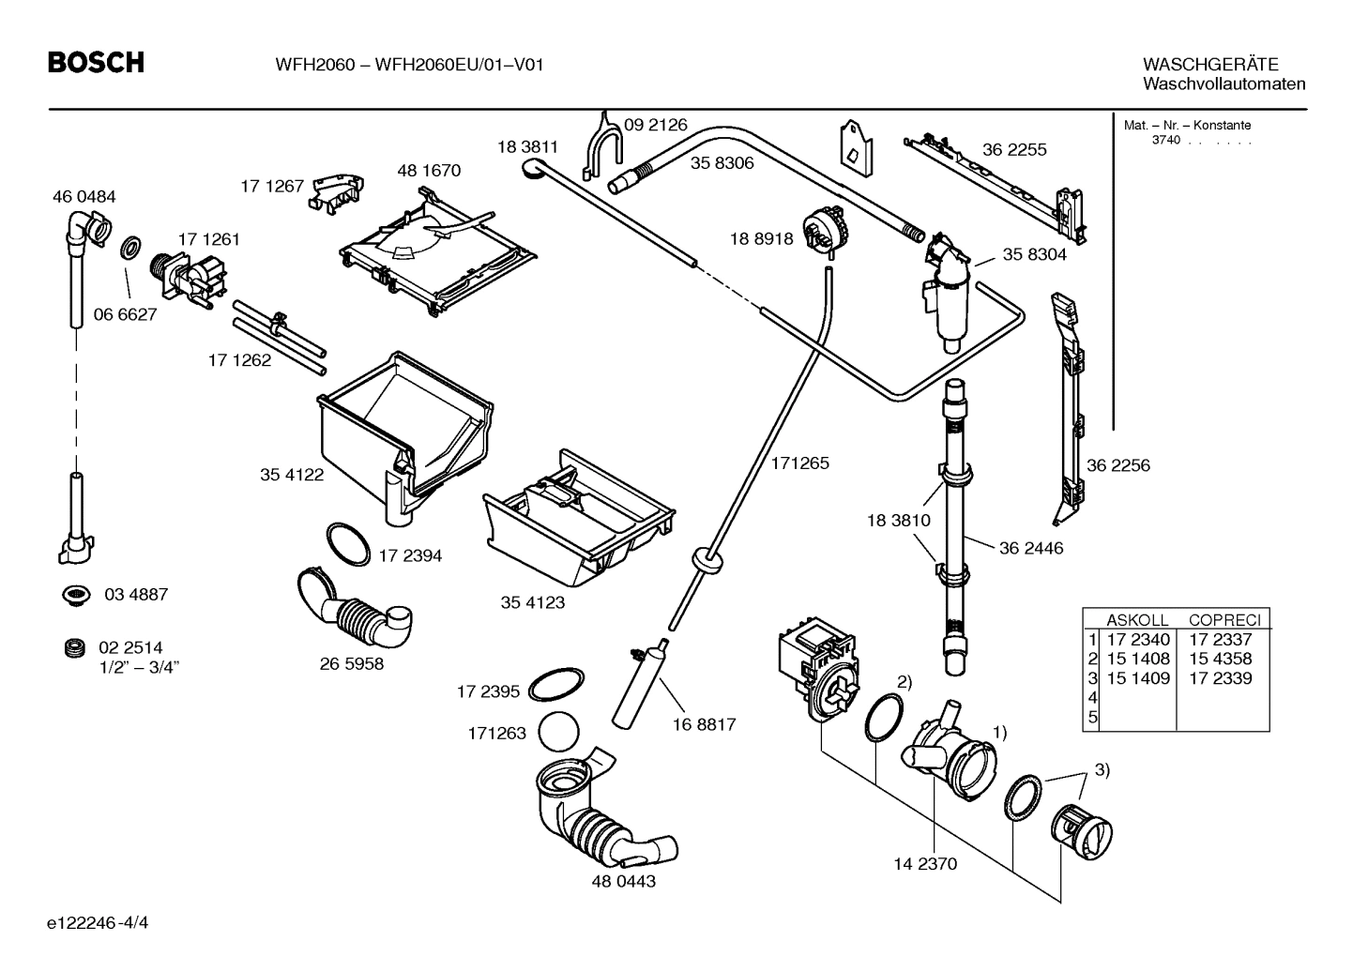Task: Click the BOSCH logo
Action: pos(96,63)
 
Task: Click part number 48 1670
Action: pos(429,171)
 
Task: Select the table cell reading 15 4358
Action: pos(1220,659)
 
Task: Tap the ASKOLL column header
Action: pos(1137,620)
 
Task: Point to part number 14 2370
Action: pos(925,863)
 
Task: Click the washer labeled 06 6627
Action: pos(131,250)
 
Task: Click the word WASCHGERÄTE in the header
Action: pos(1210,65)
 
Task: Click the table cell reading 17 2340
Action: pos(1138,640)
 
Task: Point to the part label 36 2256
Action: pos(1117,465)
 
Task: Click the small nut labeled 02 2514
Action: pos(72,647)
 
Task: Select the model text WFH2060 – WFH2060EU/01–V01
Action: pos(410,65)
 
